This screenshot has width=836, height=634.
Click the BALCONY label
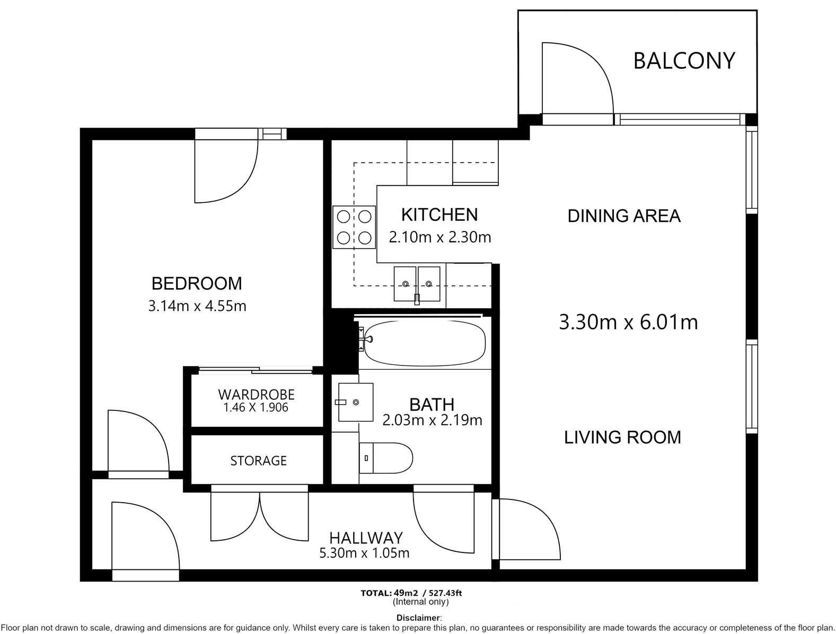coord(684,61)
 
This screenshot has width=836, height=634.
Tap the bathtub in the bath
coord(425,343)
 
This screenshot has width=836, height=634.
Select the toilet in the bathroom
coord(386,458)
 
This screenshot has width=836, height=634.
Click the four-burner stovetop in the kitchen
coord(354,227)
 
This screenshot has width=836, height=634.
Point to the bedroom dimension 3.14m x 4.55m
coord(197,306)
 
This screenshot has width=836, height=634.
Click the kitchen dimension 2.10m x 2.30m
coord(439,237)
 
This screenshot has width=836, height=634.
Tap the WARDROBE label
coord(257,394)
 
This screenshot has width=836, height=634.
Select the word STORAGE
coord(258,461)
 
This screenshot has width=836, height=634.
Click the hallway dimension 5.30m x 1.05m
coord(364,553)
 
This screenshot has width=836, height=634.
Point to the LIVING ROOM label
coord(622,437)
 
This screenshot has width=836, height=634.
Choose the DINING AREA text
coord(624,216)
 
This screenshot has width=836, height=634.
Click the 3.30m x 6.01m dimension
coord(628,322)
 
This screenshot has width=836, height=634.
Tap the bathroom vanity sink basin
coord(356,402)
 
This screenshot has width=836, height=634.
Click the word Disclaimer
coord(418,618)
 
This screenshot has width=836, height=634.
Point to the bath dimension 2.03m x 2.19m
coord(432,420)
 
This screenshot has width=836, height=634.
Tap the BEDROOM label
coord(197,283)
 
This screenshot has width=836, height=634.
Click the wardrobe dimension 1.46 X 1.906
coord(256,408)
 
